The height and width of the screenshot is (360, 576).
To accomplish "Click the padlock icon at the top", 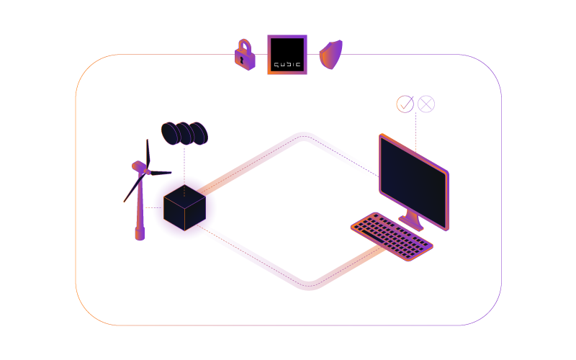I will pyautogui.click(x=246, y=54).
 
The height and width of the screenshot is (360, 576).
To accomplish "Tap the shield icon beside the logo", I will pyautogui.click(x=330, y=55).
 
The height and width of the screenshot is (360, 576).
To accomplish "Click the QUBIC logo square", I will pyautogui.click(x=287, y=54).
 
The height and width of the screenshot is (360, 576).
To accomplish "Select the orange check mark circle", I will pyautogui.click(x=405, y=104).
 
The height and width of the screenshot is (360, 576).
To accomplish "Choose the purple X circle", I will pyautogui.click(x=426, y=104).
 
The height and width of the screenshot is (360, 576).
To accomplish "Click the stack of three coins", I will pyautogui.click(x=184, y=133).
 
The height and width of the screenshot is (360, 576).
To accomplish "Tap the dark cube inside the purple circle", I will pyautogui.click(x=184, y=207).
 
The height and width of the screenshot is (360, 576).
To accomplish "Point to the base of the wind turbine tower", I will pyautogui.click(x=140, y=234).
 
